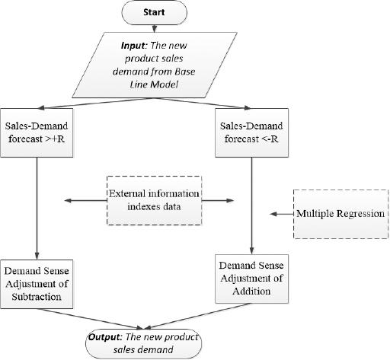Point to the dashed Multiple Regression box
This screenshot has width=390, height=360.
point(340,214)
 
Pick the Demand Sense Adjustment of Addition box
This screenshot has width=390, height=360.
point(251,278)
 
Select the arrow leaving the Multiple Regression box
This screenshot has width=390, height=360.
point(283,214)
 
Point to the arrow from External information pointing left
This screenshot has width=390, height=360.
point(84,200)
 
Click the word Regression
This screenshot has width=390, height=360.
point(357,214)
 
